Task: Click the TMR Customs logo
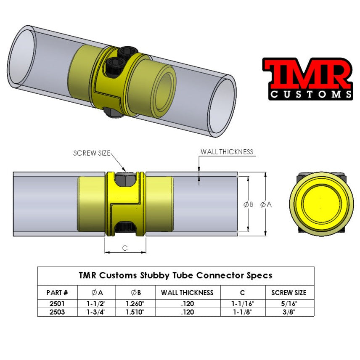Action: point(307,79)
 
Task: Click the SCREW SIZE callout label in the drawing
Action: point(92,154)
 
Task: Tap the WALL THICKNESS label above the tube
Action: point(227,152)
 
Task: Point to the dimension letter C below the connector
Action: point(125,248)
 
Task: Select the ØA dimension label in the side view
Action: point(266,204)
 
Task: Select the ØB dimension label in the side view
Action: point(248,204)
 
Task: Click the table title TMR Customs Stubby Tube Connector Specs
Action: point(175,276)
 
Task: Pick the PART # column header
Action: point(57,293)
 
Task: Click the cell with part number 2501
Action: point(57,303)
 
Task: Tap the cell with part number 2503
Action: point(57,312)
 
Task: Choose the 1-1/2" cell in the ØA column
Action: point(96,303)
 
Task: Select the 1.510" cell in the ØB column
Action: point(135,312)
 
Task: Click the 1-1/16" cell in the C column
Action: point(242,303)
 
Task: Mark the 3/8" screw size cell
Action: point(289,312)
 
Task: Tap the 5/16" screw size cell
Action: point(289,303)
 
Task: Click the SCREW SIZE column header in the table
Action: point(289,293)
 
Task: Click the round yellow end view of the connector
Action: point(320,204)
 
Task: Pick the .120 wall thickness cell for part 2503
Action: point(187,312)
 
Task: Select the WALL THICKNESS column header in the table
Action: point(187,293)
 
